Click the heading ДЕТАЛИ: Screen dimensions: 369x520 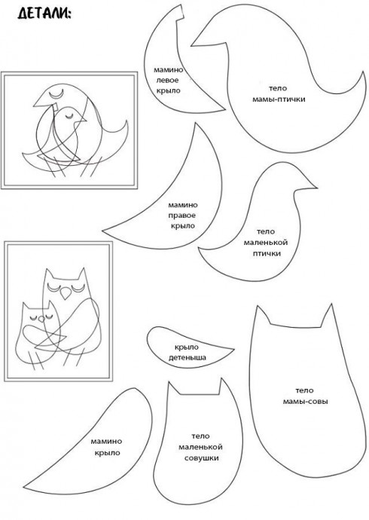coord(44,14)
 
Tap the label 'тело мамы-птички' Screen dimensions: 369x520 coord(279,94)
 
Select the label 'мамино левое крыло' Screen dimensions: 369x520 coord(168,80)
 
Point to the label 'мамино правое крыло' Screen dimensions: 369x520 coord(183,216)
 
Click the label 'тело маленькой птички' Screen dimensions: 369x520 coord(266,243)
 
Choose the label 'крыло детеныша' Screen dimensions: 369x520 coord(188,352)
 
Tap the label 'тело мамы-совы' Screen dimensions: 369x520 coord(305,396)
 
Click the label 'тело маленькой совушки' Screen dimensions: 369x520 coord(201,447)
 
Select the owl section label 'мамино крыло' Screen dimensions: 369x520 coord(106,447)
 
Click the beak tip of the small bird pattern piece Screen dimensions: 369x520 coord(317,188)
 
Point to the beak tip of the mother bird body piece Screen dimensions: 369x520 coord(191,45)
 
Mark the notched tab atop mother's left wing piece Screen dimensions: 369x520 coord(180,12)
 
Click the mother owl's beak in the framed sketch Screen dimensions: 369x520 coord(66,292)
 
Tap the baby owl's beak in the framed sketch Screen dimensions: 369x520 coord(41,319)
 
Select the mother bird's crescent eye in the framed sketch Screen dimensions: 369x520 coord(56,94)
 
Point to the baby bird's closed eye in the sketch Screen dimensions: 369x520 coord(69,116)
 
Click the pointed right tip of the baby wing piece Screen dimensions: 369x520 coord(233,349)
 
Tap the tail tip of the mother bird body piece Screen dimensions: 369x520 coord(363,72)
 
